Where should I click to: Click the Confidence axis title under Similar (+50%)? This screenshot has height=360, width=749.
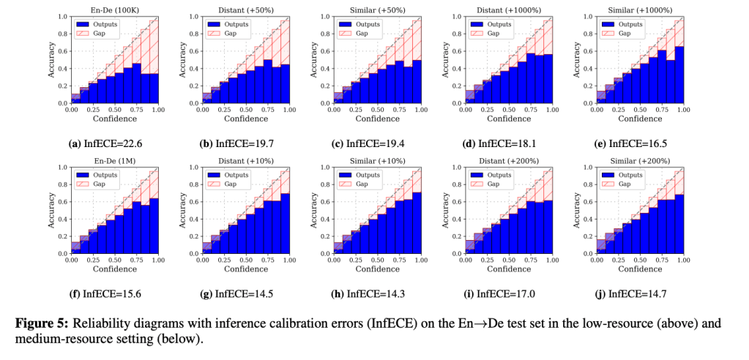click(376, 118)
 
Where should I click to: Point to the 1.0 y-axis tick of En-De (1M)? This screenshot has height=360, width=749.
click(62, 168)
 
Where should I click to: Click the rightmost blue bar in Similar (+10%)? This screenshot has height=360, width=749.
click(416, 223)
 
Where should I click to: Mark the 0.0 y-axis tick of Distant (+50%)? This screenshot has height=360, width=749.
click(193, 104)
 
